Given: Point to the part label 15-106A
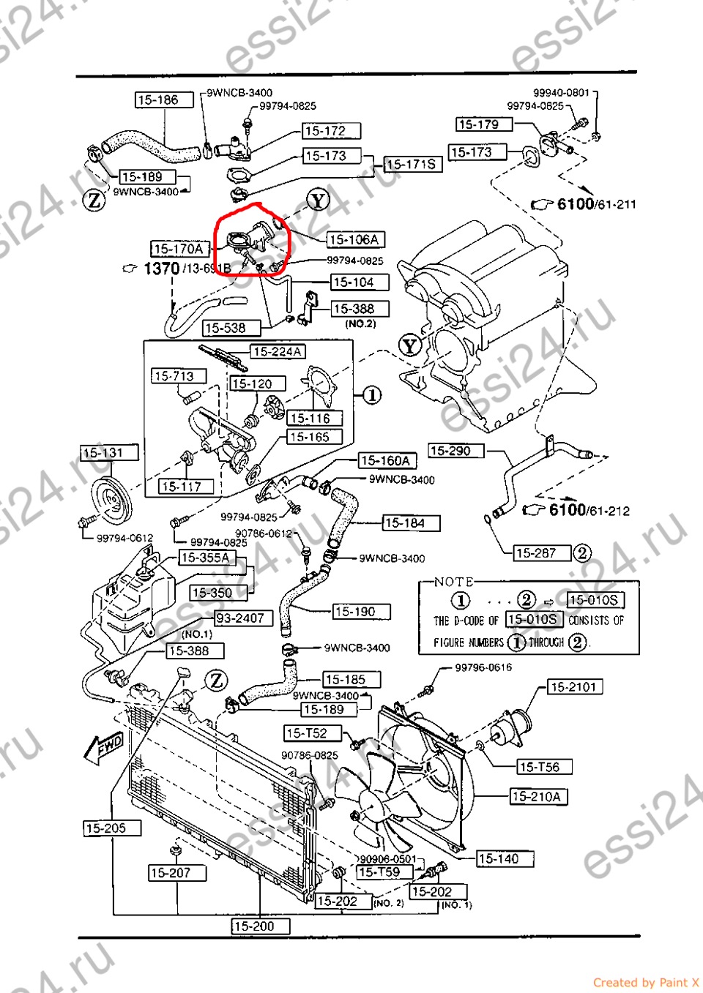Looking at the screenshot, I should pyautogui.click(x=355, y=239).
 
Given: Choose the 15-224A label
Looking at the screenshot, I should pyautogui.click(x=278, y=351).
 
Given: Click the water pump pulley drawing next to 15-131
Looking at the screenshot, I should pyautogui.click(x=111, y=499).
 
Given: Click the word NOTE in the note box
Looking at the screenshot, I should pyautogui.click(x=453, y=582).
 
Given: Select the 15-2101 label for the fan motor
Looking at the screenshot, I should pyautogui.click(x=576, y=686).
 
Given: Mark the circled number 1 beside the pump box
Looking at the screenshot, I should pyautogui.click(x=372, y=395).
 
